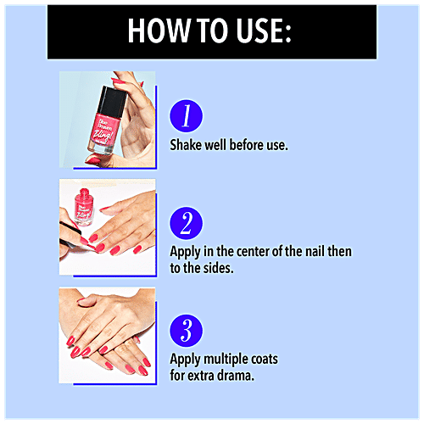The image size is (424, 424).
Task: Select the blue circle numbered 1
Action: coord(186,115)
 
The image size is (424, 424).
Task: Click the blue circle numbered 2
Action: coord(186,223)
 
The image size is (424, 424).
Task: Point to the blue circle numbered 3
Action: coord(186,331)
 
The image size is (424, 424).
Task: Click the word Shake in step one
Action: coord(186,145)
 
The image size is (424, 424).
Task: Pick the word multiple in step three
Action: coord(221,360)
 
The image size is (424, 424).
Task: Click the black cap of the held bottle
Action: coord(112,101)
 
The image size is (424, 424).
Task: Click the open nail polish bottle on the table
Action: coord(84,207)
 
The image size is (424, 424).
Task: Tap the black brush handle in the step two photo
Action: coord(70,228)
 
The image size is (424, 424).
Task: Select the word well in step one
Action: coord(215,145)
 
